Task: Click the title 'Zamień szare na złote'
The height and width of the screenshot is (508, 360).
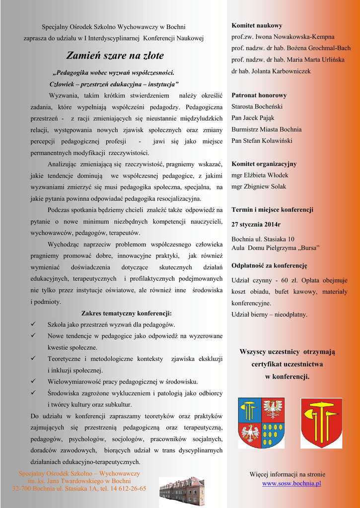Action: (115, 56)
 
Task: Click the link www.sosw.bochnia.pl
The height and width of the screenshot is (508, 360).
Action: (291, 483)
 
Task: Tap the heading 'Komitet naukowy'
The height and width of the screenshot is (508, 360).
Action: (257, 25)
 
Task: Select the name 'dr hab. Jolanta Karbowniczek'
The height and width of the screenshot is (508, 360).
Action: (271, 71)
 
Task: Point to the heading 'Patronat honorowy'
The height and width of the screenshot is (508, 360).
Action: (259, 95)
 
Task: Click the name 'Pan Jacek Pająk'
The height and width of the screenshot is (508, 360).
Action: (253, 118)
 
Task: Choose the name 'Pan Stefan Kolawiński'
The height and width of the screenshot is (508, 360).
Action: (262, 141)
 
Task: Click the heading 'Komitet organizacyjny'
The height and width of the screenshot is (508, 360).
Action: (264, 164)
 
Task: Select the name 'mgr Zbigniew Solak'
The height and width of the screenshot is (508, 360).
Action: (259, 187)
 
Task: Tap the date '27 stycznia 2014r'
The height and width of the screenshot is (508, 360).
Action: (256, 224)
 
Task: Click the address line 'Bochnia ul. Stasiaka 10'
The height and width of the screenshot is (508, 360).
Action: (263, 239)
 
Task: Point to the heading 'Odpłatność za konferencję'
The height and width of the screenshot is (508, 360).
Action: (269, 265)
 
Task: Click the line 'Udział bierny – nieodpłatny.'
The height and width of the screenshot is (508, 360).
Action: (269, 315)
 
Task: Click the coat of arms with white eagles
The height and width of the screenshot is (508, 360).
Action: (261, 423)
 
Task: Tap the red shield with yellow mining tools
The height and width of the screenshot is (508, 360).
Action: (321, 423)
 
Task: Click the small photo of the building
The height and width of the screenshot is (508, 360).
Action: (182, 491)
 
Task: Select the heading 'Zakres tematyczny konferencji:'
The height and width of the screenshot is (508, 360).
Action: (126, 314)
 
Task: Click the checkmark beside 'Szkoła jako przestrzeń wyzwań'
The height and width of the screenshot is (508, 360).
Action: (33, 324)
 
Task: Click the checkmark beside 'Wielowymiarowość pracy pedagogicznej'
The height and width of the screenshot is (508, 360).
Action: (33, 381)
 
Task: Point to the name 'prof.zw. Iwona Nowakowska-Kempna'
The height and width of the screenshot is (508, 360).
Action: (283, 37)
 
